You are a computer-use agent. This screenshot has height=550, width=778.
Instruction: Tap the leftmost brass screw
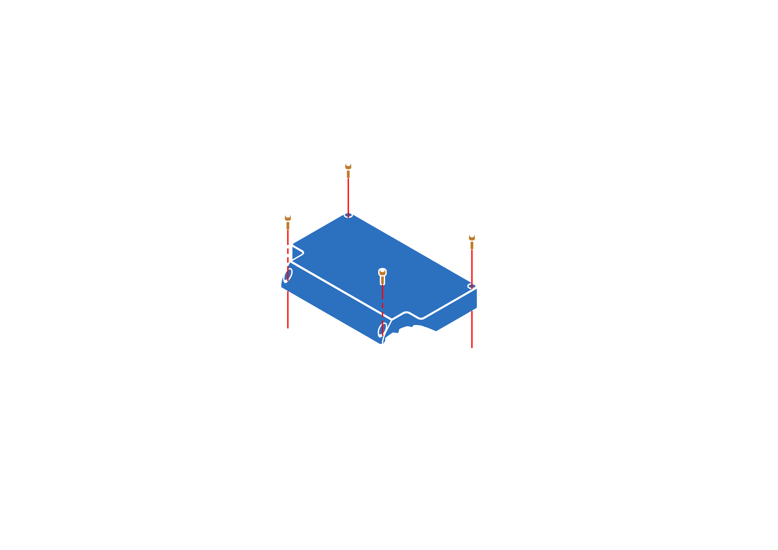288,221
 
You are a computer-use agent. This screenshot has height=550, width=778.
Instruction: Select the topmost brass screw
348,170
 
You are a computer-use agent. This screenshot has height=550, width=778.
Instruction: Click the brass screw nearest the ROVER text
472,241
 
